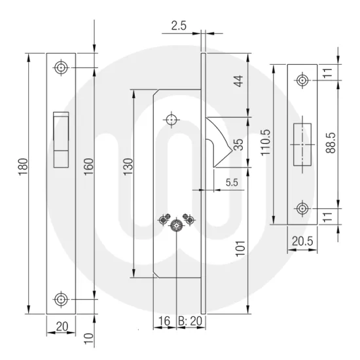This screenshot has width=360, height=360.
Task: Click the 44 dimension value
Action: point(238,82)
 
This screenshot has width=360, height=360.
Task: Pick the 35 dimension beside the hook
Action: point(238,145)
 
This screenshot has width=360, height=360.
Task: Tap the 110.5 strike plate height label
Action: point(266,145)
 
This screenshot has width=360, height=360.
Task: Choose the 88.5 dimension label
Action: point(330,145)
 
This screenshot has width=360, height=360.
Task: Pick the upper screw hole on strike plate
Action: point(302,80)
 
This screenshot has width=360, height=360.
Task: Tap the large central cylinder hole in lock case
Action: point(176,226)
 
